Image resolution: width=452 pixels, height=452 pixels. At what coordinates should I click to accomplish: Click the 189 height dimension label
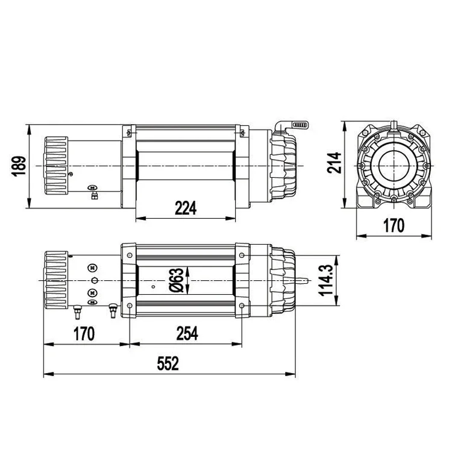click(19, 166)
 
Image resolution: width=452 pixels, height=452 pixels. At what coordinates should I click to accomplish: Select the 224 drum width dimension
click(186, 208)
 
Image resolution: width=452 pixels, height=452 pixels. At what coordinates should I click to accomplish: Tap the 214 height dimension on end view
click(334, 163)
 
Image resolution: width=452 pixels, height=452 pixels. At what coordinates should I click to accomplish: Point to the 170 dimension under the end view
click(394, 225)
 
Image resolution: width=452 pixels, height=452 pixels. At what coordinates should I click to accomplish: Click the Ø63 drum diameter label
click(177, 280)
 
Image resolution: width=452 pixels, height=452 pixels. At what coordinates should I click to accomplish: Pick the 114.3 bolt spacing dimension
click(326, 280)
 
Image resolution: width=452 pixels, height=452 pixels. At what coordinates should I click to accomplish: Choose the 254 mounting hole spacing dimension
click(187, 333)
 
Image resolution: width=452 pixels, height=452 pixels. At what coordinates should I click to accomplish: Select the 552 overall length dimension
click(168, 363)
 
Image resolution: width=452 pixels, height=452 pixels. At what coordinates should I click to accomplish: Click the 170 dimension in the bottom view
click(84, 333)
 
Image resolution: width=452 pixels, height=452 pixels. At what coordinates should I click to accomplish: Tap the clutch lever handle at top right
click(300, 125)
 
